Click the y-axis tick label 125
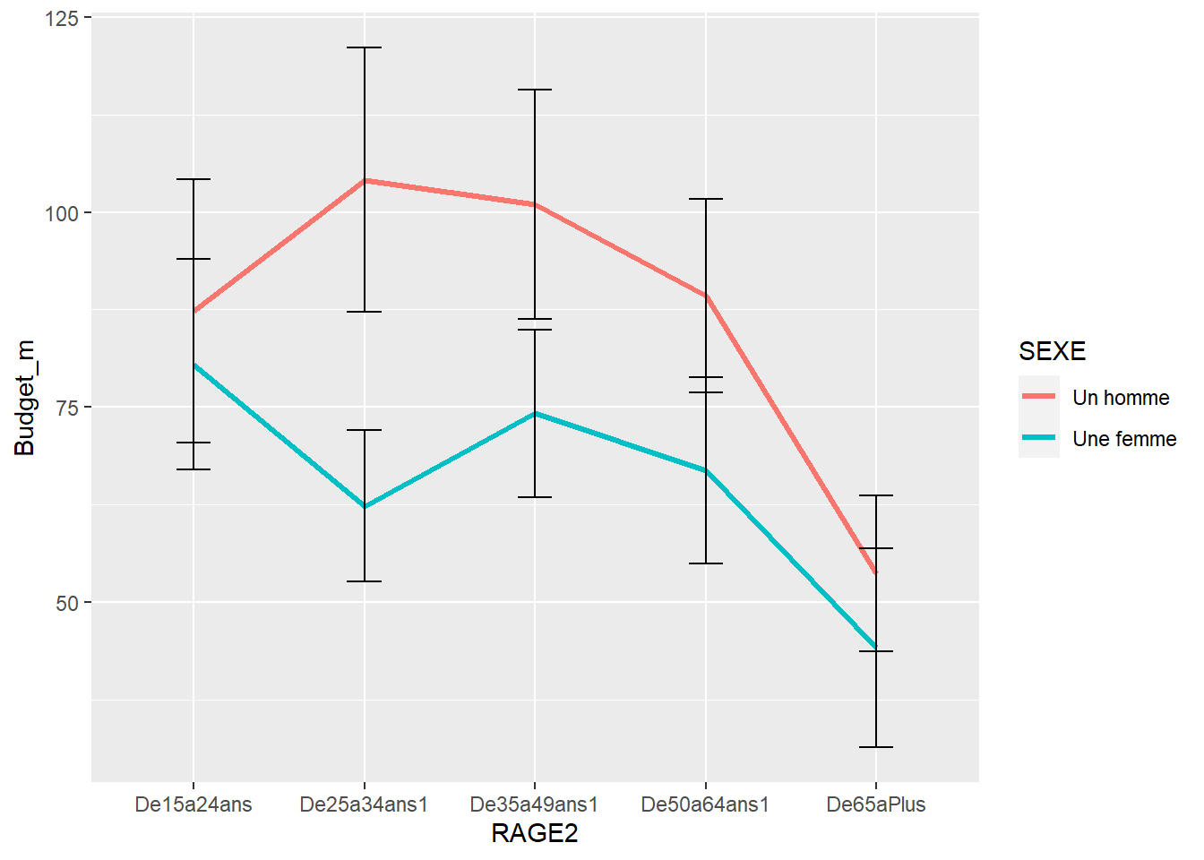(62, 18)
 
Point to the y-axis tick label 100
(62, 213)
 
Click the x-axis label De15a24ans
(193, 804)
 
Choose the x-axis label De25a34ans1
(364, 804)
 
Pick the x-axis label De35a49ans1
(534, 804)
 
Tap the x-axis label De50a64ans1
(705, 804)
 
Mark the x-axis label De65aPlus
(876, 804)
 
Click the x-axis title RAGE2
(535, 833)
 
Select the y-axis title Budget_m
(25, 398)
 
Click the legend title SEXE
(1052, 351)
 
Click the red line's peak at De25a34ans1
(365, 180)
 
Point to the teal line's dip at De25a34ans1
(365, 507)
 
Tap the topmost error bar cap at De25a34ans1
(365, 47)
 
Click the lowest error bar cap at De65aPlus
(876, 747)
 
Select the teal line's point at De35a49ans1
(535, 413)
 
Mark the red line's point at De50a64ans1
(706, 295)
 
